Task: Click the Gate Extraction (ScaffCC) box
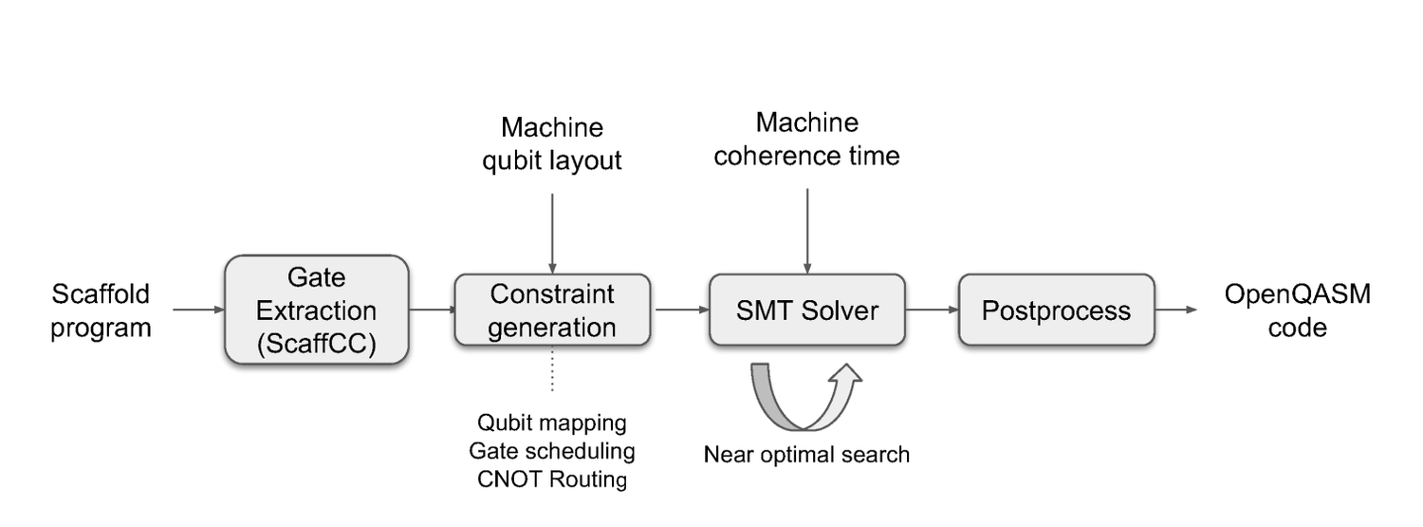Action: point(316,310)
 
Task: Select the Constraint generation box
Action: point(552,310)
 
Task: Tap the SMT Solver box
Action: point(807,310)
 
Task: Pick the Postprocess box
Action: point(1056,310)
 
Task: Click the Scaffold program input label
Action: point(101,311)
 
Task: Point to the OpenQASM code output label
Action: point(1297,311)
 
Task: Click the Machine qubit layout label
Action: point(552,143)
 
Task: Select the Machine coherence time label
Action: point(806,139)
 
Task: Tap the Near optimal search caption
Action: point(806,455)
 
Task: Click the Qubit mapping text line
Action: point(552,422)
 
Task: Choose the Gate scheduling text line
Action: point(552,450)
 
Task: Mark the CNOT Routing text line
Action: point(552,479)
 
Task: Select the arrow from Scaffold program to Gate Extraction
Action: point(197,310)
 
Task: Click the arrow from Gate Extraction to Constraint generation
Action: point(432,310)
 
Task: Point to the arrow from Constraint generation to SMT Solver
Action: point(680,310)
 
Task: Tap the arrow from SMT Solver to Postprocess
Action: point(932,310)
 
